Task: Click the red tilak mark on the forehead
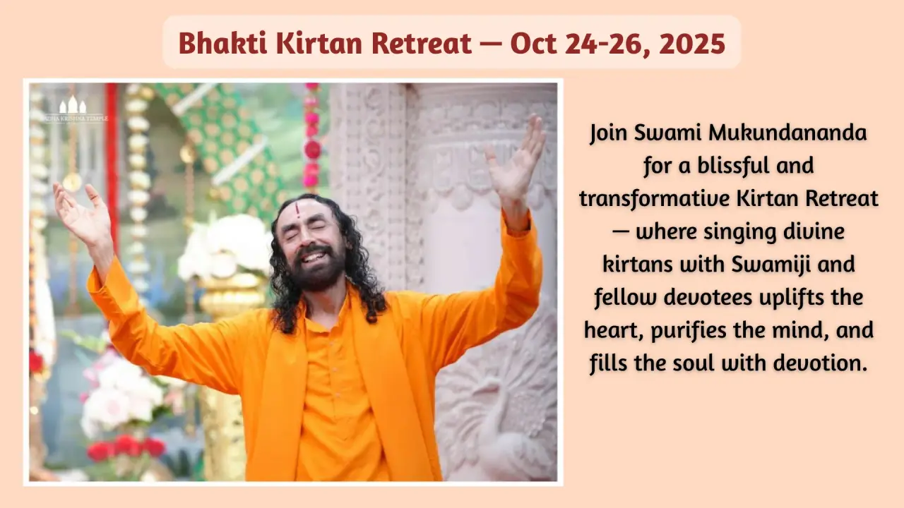[x=298, y=210]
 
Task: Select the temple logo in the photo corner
[x=73, y=109]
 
